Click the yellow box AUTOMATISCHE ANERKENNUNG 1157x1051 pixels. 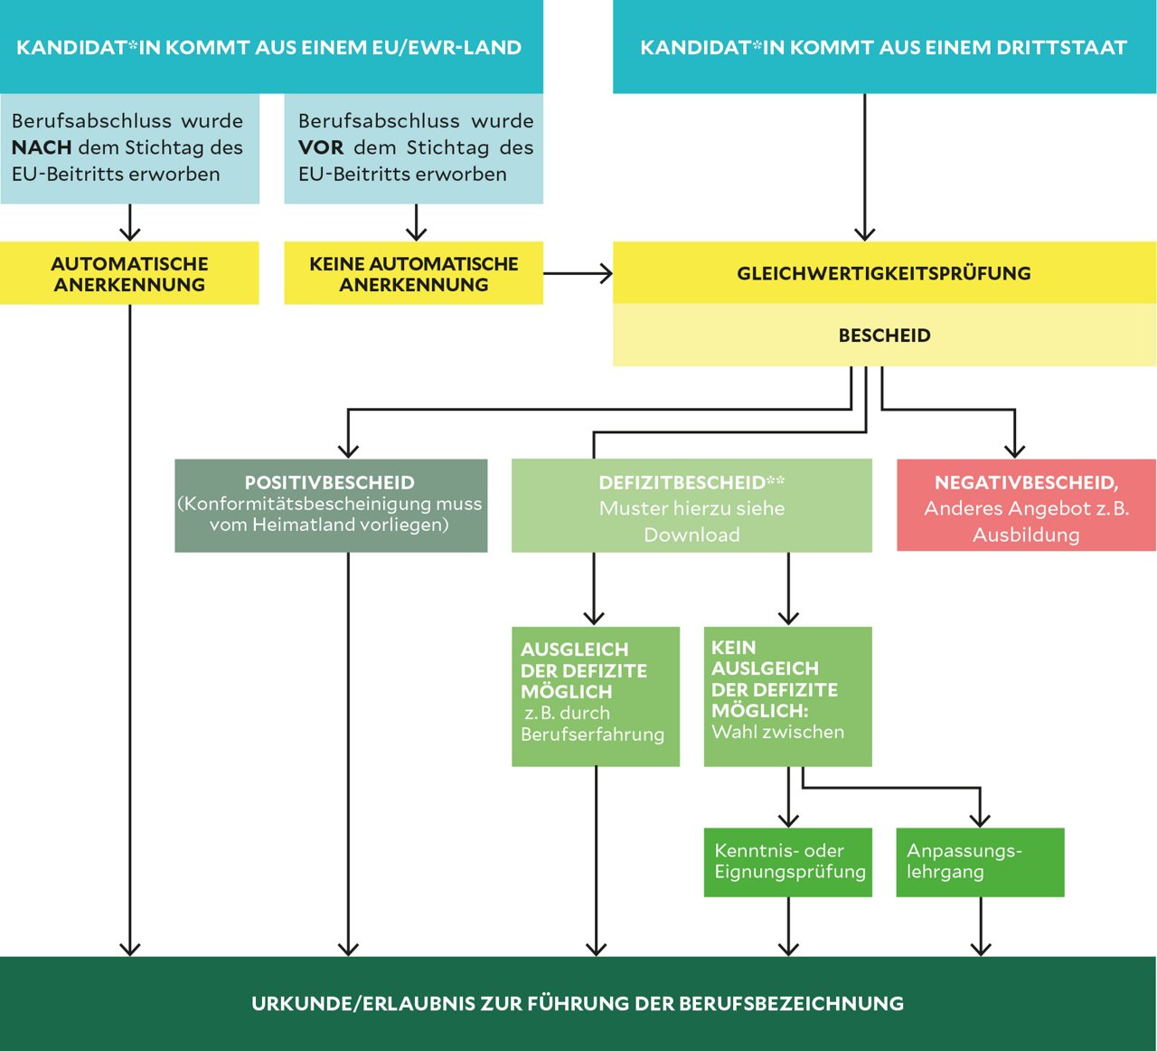129,273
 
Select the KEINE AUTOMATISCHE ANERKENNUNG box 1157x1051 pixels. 413,273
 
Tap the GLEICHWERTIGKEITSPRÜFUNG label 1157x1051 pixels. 883,273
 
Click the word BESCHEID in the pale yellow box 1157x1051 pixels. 884,336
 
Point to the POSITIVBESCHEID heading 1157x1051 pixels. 329,482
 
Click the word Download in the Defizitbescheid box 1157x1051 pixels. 691,535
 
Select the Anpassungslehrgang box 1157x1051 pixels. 980,862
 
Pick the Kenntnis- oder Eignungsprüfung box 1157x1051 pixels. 787,862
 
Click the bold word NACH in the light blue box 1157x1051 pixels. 42,147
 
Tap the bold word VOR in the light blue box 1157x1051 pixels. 321,147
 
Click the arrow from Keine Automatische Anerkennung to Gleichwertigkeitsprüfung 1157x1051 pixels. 578,273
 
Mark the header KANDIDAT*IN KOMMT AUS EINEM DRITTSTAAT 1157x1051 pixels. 883,48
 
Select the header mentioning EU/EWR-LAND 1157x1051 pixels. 268,48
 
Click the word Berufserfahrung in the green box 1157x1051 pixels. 592,734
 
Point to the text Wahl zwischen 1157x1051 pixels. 777,732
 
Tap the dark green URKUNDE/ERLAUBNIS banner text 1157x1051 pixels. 578,1003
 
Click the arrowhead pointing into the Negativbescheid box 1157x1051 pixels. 1015,450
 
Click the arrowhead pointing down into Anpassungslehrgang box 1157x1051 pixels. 980,819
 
